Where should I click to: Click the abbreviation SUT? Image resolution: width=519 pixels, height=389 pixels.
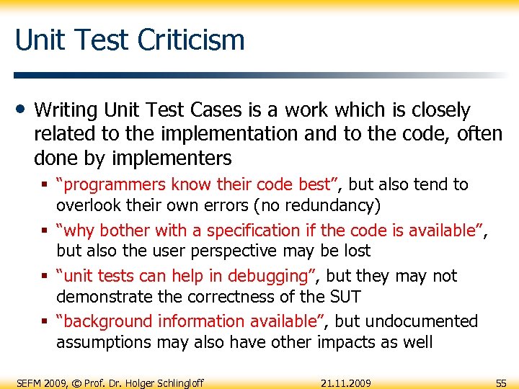click(344, 296)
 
